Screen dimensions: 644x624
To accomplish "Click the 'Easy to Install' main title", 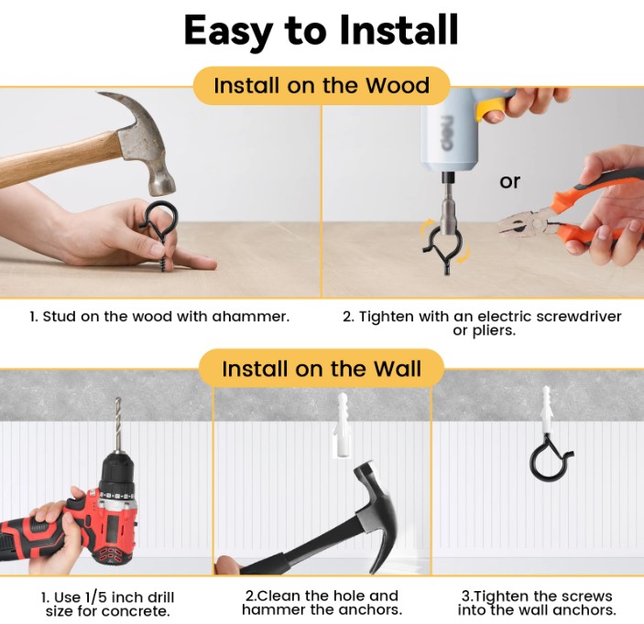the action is point(321,31).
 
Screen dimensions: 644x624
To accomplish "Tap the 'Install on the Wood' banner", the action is point(322,86).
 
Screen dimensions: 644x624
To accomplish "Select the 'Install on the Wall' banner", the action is point(322,369).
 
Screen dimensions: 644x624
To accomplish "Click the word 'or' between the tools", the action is point(509,181).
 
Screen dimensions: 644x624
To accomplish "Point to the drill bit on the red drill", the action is point(118,425).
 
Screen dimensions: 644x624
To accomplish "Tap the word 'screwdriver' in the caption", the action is point(579,317).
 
